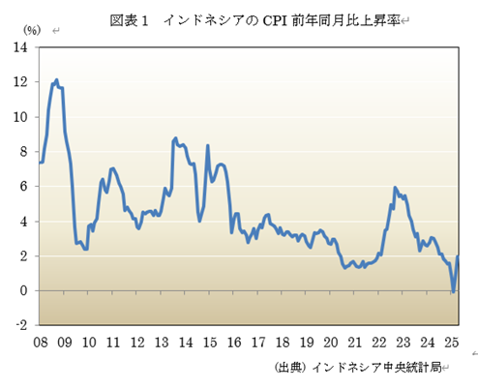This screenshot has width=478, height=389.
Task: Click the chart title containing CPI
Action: click(x=254, y=19)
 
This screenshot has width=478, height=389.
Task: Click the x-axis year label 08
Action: click(x=40, y=342)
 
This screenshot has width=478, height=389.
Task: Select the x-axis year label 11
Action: click(x=112, y=342)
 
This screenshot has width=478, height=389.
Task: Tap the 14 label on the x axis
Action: click(x=185, y=342)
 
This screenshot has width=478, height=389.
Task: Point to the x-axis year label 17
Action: click(x=257, y=342)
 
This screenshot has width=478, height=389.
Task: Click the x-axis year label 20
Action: click(x=330, y=342)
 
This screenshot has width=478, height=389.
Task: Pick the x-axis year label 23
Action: click(x=403, y=342)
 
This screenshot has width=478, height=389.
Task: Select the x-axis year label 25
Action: click(x=451, y=342)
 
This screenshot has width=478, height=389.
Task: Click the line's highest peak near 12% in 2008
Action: click(x=56, y=80)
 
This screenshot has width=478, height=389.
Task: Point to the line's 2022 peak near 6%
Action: click(x=395, y=187)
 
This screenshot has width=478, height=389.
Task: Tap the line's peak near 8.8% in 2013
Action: click(x=175, y=138)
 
